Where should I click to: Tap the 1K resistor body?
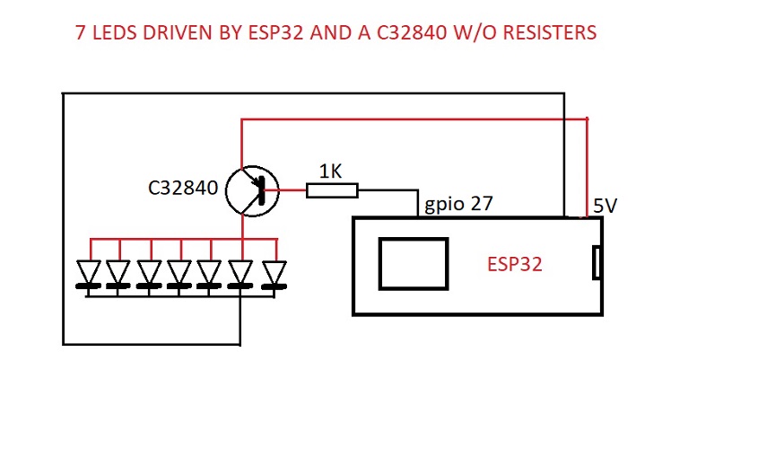click(332, 190)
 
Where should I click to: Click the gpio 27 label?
click(458, 205)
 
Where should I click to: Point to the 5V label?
click(605, 207)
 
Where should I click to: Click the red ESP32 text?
click(514, 265)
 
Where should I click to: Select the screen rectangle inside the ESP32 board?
click(414, 264)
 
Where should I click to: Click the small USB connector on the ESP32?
click(597, 265)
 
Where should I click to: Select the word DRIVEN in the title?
click(184, 34)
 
